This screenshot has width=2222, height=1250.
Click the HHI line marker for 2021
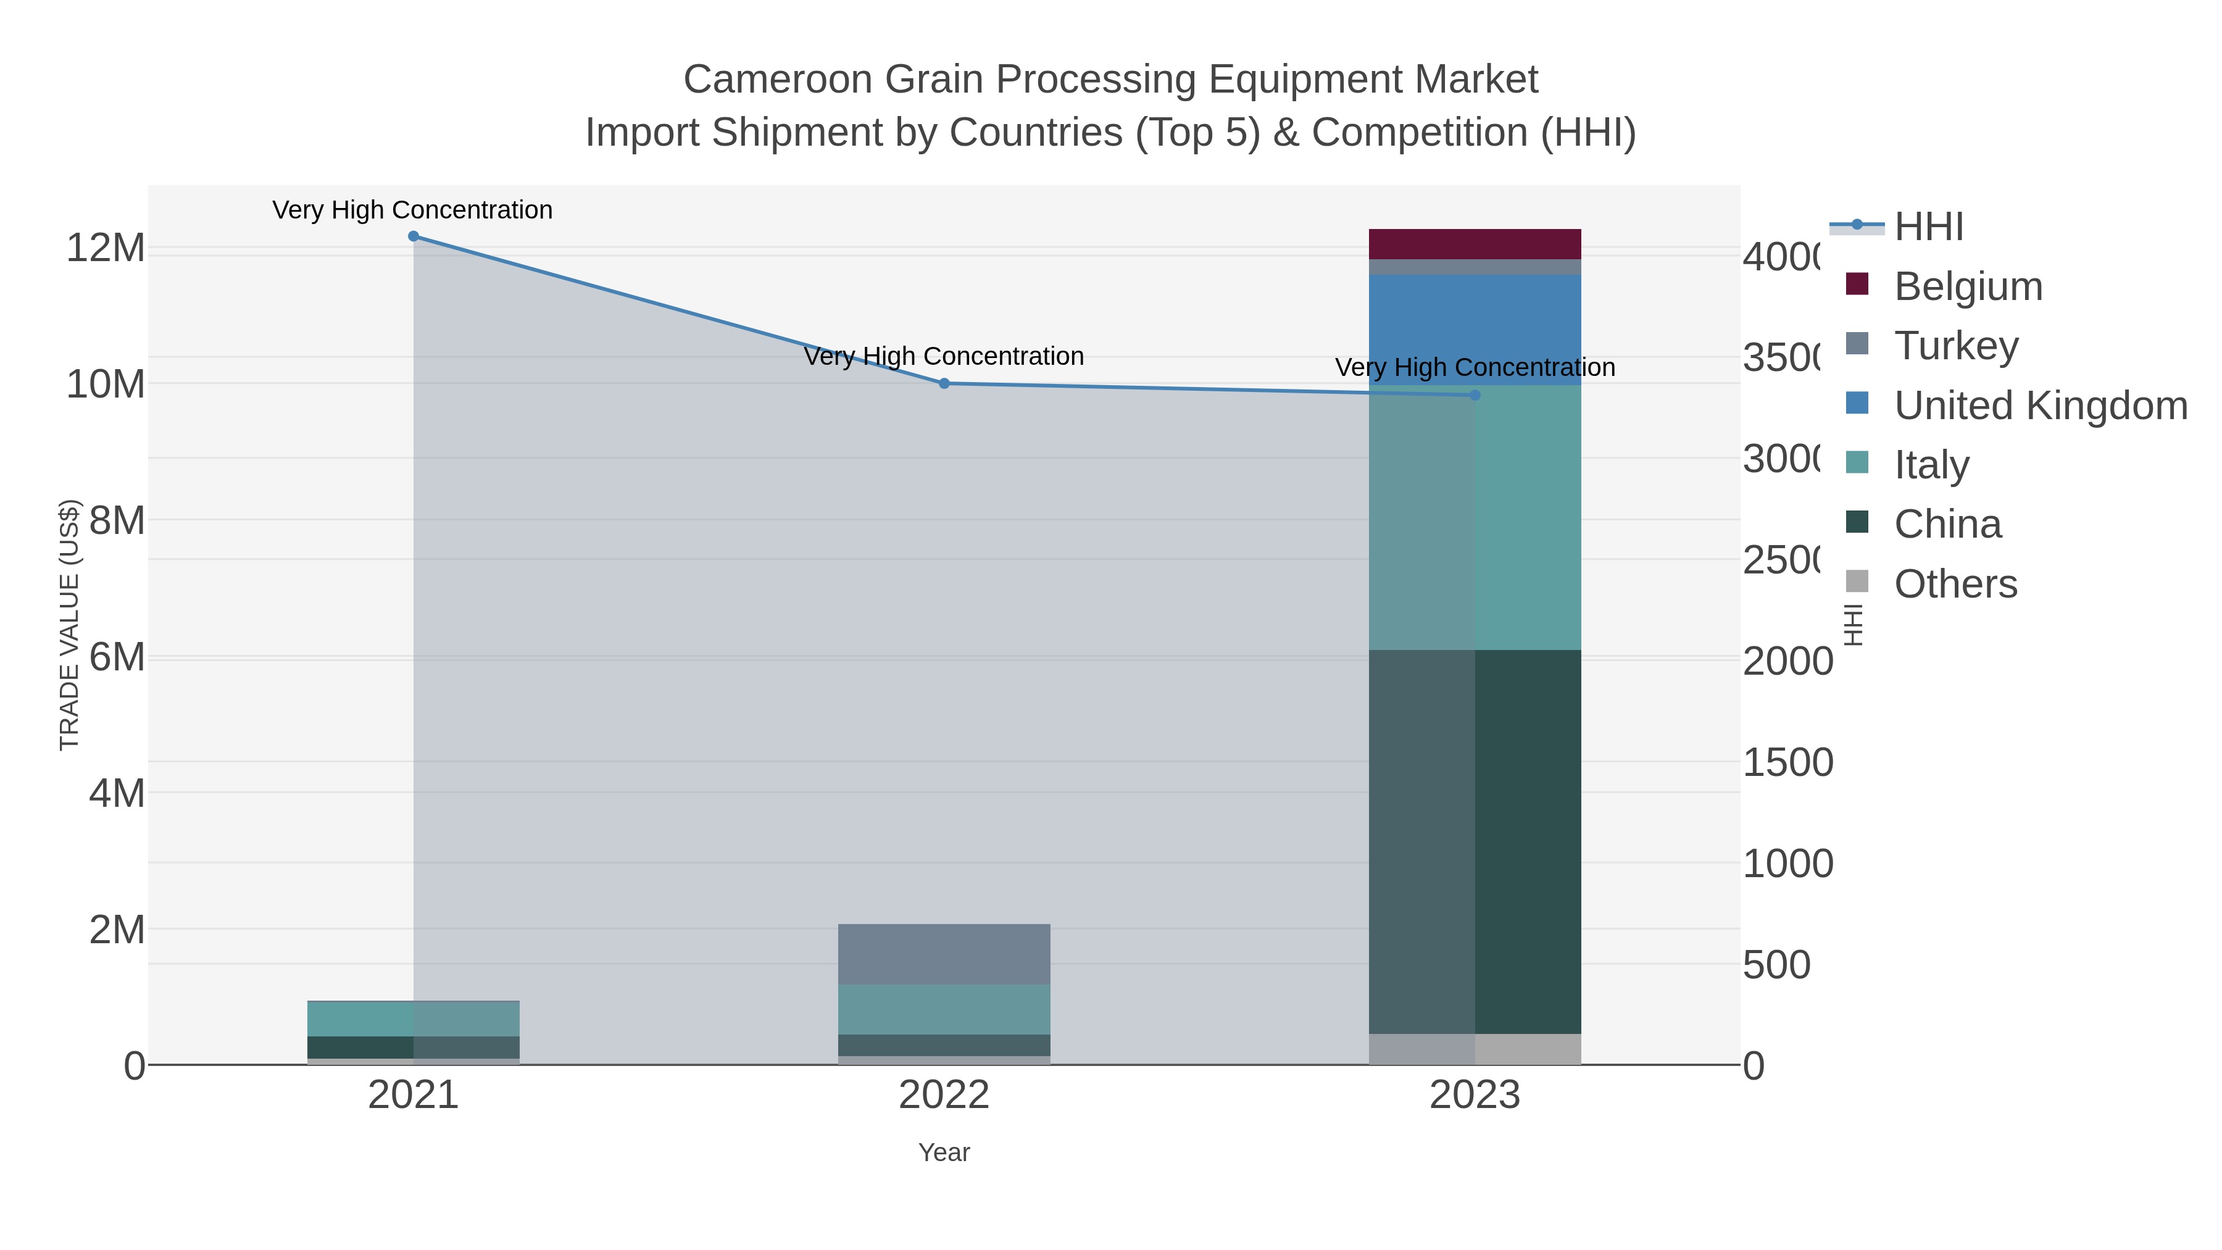413,236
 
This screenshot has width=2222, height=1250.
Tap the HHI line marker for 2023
1474,395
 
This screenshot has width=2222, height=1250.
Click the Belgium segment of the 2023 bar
1474,244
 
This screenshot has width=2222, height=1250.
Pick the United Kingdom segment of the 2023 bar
1474,330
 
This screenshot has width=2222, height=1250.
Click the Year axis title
944,1152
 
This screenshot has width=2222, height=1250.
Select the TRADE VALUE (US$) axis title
69,625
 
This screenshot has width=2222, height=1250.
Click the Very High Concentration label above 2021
412,210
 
